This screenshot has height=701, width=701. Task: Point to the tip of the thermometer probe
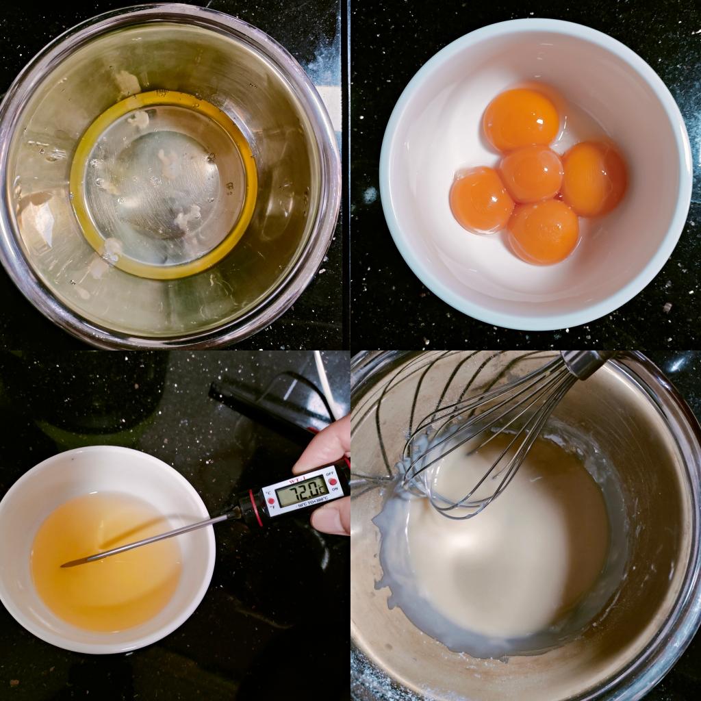tap(64, 565)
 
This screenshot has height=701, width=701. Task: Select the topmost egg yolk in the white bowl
tap(521, 120)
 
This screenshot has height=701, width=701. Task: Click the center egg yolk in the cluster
tap(531, 173)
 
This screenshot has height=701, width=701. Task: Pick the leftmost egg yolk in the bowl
tap(481, 200)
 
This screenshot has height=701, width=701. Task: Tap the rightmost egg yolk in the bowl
tap(594, 178)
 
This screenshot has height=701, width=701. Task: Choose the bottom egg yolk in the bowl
tap(543, 231)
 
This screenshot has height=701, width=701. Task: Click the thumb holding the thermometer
tap(331, 518)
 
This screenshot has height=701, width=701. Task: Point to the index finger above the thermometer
tap(322, 445)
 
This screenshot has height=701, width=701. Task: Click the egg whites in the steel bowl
tap(164, 185)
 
